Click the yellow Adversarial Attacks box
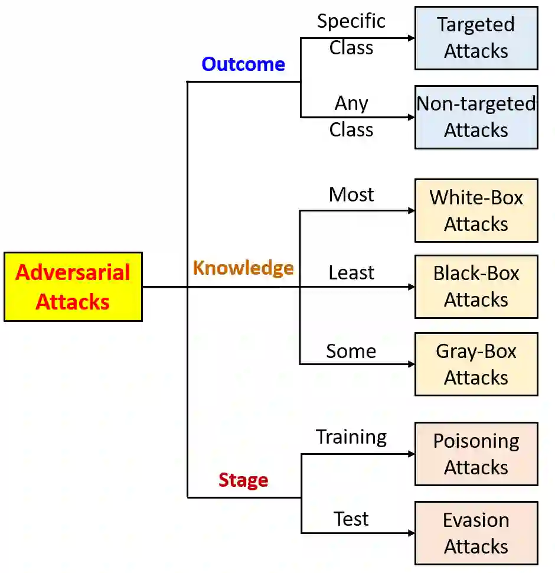[73, 287]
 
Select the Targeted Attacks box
[476, 38]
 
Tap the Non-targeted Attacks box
[476, 117]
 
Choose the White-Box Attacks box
[476, 210]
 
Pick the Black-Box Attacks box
[476, 286]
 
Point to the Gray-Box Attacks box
[476, 364]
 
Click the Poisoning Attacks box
[476, 454]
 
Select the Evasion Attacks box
[476, 533]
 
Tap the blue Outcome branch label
[243, 64]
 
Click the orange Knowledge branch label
[243, 268]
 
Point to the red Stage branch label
[243, 480]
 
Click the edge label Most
[351, 194]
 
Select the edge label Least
[351, 272]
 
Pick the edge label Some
[351, 351]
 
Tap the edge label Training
[351, 437]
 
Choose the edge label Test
[351, 519]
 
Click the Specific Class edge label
[351, 34]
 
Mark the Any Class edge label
[351, 116]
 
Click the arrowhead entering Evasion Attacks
[411, 533]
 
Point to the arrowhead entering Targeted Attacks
[411, 38]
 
